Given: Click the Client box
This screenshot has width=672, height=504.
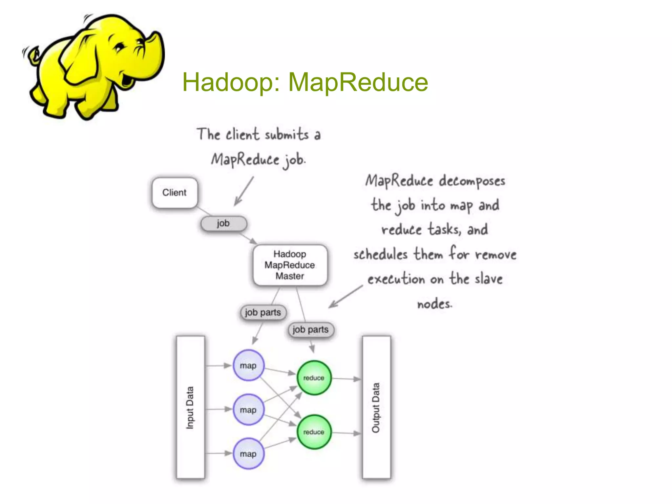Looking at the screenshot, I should point(175,193).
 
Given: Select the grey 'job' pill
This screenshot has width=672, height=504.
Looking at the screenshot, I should point(223,223).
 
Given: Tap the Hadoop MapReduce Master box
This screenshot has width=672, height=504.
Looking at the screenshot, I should point(290,265).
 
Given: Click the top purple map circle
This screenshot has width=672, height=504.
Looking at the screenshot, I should point(248,365).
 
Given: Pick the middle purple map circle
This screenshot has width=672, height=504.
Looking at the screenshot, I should point(248,409).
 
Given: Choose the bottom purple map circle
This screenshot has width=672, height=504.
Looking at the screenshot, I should point(248,453).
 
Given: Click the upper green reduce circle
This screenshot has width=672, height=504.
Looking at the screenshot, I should point(314,378).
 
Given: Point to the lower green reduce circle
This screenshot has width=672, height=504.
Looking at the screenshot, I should point(314,432).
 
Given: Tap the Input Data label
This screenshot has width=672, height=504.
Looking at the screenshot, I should point(190,408).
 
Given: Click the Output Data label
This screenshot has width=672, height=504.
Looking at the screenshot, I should point(376,408).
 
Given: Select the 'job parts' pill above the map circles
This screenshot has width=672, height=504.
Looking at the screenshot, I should point(263,312).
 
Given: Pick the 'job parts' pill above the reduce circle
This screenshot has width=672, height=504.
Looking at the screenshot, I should point(310,329).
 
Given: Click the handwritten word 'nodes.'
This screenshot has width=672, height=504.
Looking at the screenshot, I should point(434,304).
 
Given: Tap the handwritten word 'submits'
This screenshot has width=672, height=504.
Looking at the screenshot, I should point(286,135).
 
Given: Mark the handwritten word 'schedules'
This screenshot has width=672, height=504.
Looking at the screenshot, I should point(381,254).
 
